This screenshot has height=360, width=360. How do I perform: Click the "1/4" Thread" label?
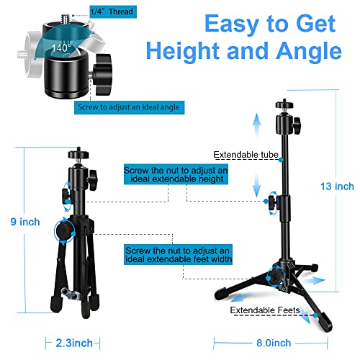(x=113, y=12)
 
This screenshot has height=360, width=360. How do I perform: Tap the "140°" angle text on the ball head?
(x=61, y=48)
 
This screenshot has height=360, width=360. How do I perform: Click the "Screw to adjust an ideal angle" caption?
(x=129, y=107)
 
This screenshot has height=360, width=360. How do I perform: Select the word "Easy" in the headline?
(x=231, y=24)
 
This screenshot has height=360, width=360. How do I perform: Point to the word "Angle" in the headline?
(x=309, y=50)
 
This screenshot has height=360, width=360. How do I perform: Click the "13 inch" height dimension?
(x=337, y=186)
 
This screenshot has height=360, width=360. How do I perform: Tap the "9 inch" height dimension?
(x=25, y=222)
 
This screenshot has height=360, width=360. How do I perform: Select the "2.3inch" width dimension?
(x=74, y=343)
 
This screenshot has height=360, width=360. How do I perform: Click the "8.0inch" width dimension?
(x=274, y=343)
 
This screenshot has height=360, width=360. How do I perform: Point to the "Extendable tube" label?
(x=246, y=155)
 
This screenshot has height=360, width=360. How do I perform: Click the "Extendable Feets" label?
(x=265, y=310)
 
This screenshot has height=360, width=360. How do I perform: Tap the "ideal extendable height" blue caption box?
(x=176, y=174)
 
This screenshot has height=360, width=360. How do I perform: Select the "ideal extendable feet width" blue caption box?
(x=178, y=255)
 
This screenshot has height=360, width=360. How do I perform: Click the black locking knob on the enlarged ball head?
(x=103, y=74)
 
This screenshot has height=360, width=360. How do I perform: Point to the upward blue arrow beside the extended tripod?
(x=257, y=125)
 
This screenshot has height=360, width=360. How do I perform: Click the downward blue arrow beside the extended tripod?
(x=257, y=185)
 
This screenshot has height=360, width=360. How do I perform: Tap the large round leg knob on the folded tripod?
(x=64, y=231)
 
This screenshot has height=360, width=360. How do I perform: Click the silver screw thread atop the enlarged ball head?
(x=66, y=18)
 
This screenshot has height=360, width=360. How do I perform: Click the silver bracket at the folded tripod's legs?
(x=71, y=294)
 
